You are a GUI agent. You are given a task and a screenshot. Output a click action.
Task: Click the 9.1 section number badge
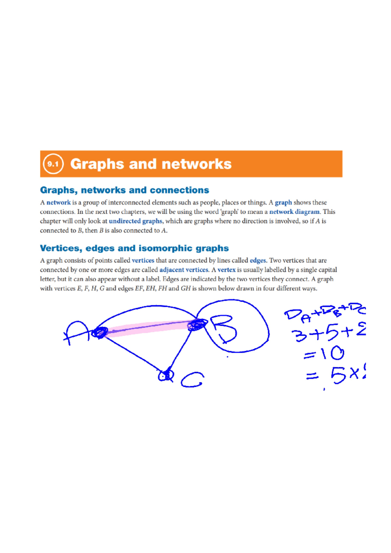tap(53, 164)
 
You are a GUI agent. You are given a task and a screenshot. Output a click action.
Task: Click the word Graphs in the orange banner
tap(97, 164)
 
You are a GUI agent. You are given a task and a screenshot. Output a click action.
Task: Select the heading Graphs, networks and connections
tap(124, 190)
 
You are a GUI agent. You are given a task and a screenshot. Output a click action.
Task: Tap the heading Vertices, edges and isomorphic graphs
tap(134, 248)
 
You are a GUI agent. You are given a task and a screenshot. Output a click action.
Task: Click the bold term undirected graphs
tap(136, 221)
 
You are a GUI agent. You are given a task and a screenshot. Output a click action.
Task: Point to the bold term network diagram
tap(294, 212)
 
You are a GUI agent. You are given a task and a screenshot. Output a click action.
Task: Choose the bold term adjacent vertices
tap(184, 270)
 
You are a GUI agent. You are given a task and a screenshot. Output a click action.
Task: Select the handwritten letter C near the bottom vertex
tap(192, 380)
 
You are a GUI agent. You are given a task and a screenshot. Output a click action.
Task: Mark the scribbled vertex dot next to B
tap(197, 325)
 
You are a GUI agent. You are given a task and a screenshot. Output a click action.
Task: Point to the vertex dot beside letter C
tap(166, 376)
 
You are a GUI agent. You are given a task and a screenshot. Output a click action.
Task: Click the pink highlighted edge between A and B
tap(147, 327)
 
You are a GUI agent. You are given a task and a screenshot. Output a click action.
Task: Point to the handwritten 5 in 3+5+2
tap(331, 333)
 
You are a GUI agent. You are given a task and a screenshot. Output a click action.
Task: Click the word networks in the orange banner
tap(196, 164)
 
